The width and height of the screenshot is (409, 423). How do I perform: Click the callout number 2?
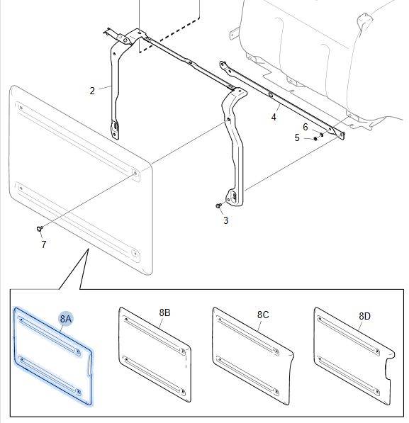pyautogui.click(x=92, y=91)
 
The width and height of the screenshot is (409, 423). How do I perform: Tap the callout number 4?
pyautogui.click(x=274, y=117)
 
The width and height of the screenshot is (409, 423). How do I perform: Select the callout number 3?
pyautogui.click(x=226, y=220)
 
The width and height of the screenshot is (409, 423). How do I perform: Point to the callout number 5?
pyautogui.click(x=297, y=137)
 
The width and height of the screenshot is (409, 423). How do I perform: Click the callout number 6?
pyautogui.click(x=306, y=127)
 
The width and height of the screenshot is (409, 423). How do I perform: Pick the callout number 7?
pyautogui.click(x=44, y=244)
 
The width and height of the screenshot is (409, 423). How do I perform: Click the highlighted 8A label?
pyautogui.click(x=66, y=319)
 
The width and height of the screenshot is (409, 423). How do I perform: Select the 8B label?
pyautogui.click(x=164, y=312)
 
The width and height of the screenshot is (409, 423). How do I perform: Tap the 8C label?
pyautogui.click(x=263, y=315)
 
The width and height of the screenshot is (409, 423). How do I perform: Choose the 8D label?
pyautogui.click(x=365, y=316)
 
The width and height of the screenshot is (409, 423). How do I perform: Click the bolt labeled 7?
pyautogui.click(x=40, y=229)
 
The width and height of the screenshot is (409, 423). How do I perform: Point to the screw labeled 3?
pyautogui.click(x=218, y=206)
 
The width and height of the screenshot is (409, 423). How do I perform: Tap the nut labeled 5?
pyautogui.click(x=315, y=139)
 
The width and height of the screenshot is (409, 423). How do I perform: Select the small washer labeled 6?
pyautogui.click(x=321, y=134)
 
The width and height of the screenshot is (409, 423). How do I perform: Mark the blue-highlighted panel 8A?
pyautogui.click(x=52, y=356)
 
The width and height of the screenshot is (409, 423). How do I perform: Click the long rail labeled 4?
pyautogui.click(x=281, y=100)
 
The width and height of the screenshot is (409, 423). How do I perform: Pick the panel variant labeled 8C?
pyautogui.click(x=252, y=356)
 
